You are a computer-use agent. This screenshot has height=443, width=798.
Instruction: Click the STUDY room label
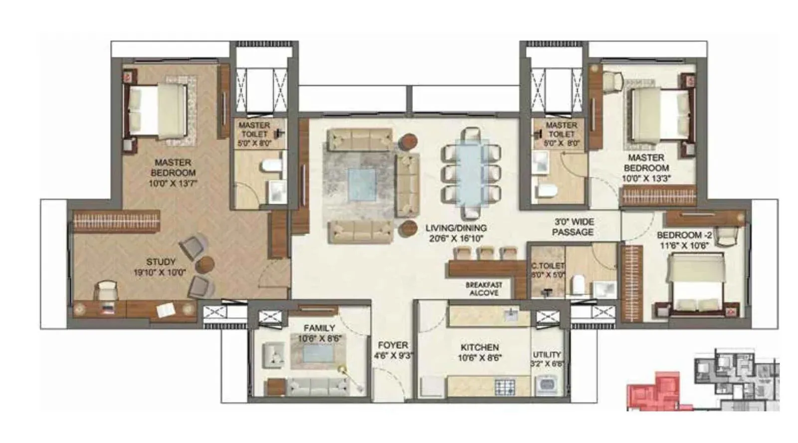(161, 262)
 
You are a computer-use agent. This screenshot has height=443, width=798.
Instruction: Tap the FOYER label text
(393, 345)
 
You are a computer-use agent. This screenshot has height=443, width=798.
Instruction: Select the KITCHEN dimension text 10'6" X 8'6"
(479, 358)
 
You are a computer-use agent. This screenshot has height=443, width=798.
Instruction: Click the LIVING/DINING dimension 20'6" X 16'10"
(456, 238)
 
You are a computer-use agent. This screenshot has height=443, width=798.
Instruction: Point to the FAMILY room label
(319, 328)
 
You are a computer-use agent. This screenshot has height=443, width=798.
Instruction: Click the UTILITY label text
(547, 354)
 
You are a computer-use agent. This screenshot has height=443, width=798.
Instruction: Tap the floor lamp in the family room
(343, 370)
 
